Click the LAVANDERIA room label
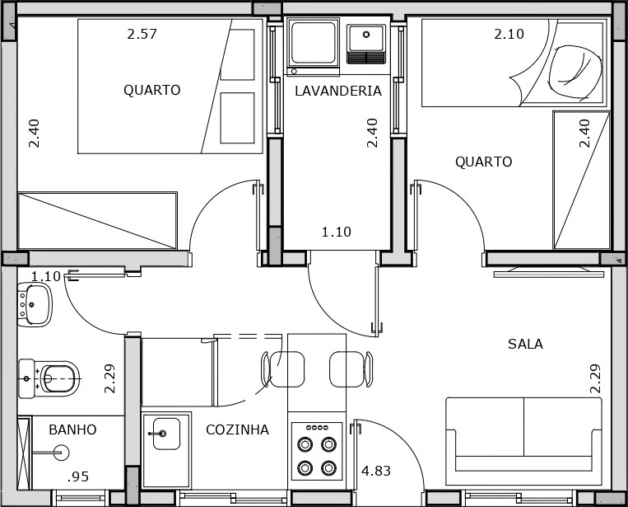tap(338, 91)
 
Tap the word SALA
tap(525, 344)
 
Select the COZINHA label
tap(237, 430)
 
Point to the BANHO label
tap(72, 430)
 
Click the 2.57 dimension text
tap(142, 34)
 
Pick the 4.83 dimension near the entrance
tap(376, 471)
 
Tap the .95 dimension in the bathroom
tap(78, 476)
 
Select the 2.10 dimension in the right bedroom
tap(509, 34)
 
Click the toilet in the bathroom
tap(49, 378)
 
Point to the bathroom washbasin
tap(35, 304)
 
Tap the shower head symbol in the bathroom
tap(62, 453)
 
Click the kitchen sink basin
tap(166, 434)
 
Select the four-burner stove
tap(317, 451)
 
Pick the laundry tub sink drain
tap(366, 35)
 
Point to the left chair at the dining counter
tap(283, 369)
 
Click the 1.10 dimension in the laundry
tap(337, 232)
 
